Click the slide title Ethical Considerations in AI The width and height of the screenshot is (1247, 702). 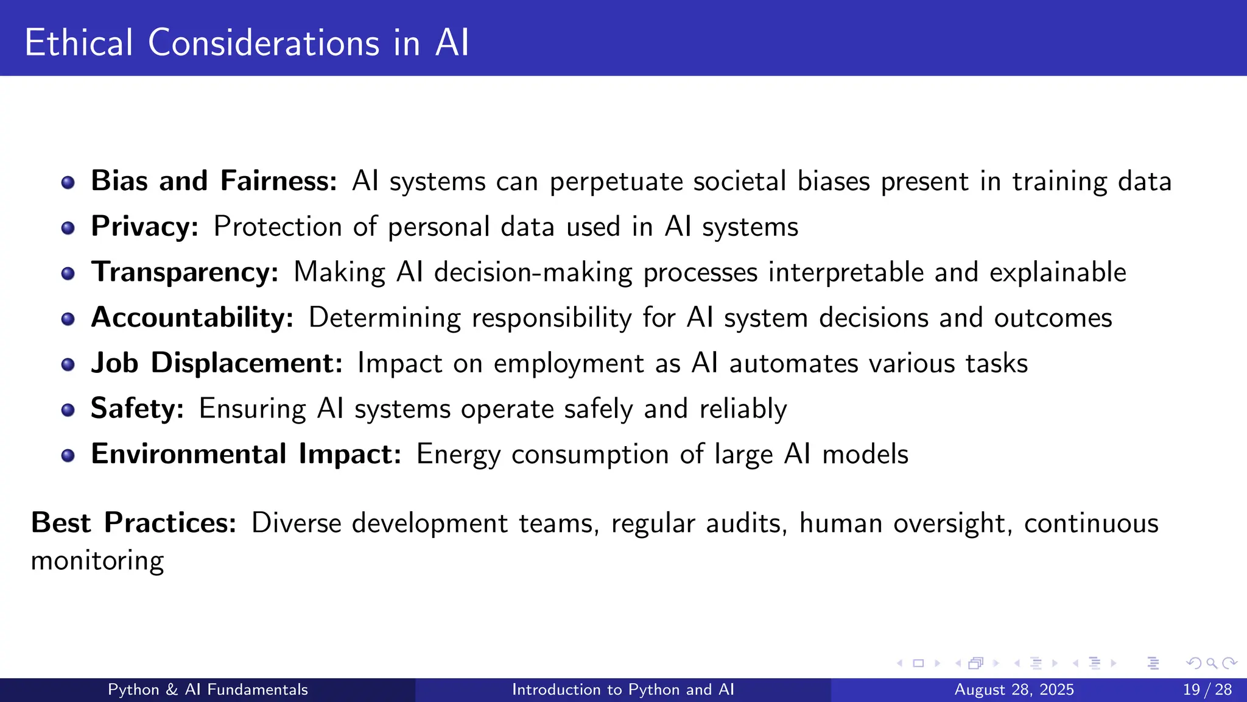[247, 43]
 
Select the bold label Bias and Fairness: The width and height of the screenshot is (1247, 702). [214, 181]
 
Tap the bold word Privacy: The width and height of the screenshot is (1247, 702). [144, 227]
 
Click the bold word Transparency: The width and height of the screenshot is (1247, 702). [184, 272]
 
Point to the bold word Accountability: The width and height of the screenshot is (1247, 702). [192, 317]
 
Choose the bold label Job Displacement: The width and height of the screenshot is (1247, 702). [217, 363]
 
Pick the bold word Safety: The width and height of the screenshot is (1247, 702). [137, 408]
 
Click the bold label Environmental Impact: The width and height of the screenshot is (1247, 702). [246, 454]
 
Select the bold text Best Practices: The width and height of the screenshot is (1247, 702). [133, 523]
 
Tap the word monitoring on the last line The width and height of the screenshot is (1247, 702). [97, 561]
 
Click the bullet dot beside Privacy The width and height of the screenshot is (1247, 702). [68, 228]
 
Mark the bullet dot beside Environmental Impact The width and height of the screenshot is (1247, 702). [68, 456]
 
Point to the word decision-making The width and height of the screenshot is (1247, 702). [533, 272]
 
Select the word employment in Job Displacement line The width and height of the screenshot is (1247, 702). [569, 364]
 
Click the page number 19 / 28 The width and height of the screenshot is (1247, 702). [1207, 690]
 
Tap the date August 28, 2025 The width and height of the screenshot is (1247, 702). [1014, 690]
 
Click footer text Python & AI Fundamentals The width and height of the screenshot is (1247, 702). [208, 690]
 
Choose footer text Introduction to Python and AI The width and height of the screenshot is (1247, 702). [623, 690]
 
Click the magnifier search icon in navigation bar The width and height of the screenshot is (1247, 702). [1212, 663]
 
